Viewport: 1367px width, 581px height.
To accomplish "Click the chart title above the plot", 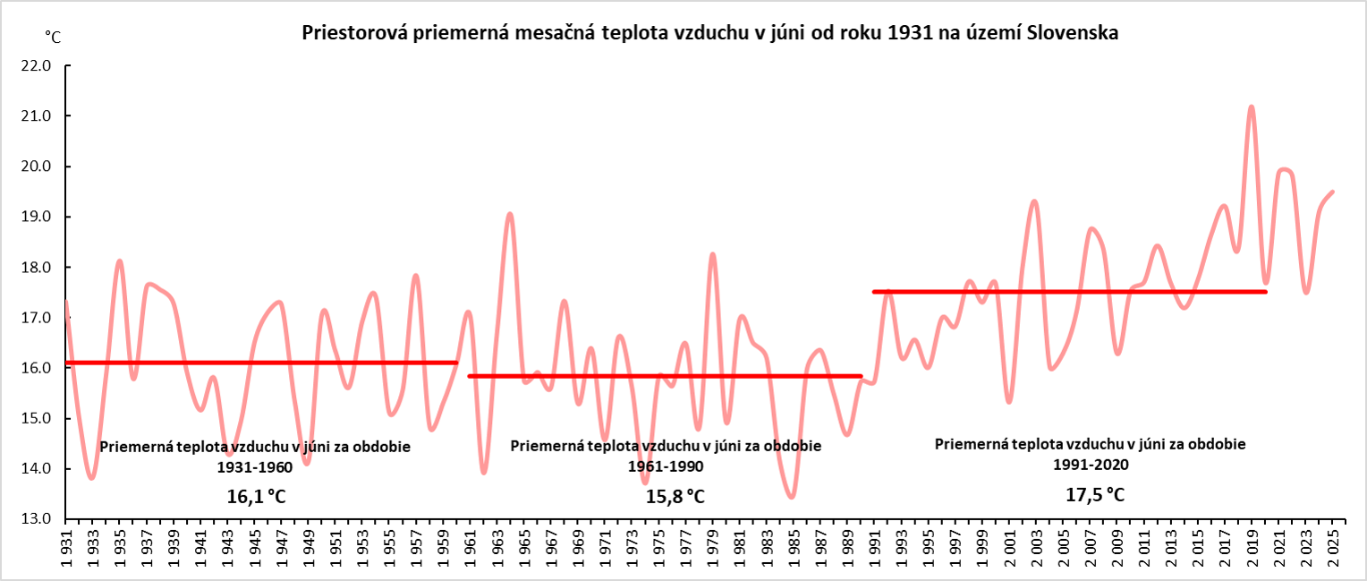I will (711, 34).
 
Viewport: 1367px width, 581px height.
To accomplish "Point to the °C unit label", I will (53, 37).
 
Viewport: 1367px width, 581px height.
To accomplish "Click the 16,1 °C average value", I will (255, 497).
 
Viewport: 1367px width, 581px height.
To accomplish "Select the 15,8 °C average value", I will (675, 497).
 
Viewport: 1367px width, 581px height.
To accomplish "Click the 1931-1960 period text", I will (255, 467).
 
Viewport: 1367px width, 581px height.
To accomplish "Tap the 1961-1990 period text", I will (667, 466).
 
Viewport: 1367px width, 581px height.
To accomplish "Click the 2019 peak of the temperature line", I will (1252, 107).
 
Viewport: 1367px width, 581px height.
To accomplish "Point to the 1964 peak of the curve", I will (510, 214).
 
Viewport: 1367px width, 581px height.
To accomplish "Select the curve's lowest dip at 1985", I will (792, 497).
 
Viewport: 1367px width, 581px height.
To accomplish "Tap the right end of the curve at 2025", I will (1333, 192).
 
